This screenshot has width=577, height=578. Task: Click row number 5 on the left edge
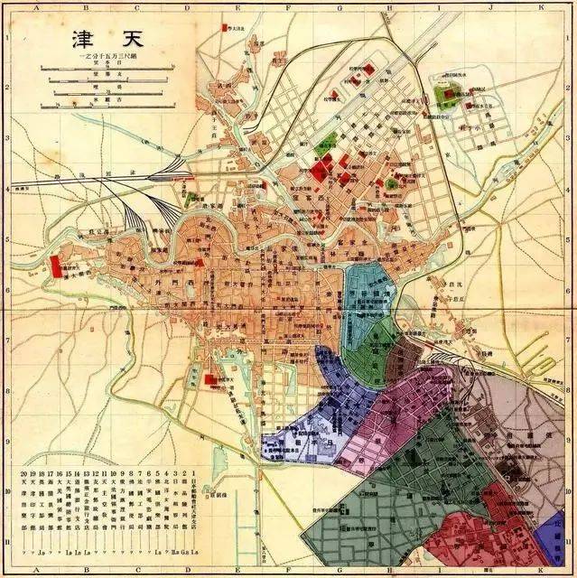coord(5,238)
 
